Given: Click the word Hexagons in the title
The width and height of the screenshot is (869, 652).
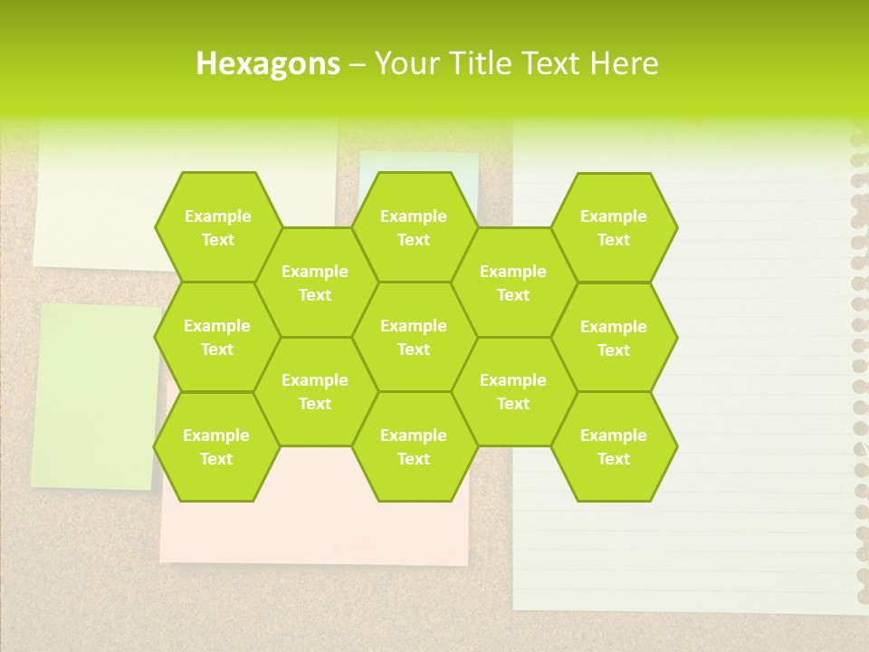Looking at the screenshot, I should [x=268, y=63].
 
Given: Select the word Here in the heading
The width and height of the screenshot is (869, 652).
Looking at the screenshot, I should [x=624, y=63].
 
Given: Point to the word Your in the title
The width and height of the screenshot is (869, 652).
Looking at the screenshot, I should [x=404, y=63].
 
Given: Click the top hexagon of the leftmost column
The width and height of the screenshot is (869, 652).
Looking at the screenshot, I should [x=217, y=227].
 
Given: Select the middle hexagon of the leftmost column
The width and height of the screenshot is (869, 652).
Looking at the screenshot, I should [x=217, y=337].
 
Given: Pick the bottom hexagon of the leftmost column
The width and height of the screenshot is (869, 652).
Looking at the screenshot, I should [x=216, y=446].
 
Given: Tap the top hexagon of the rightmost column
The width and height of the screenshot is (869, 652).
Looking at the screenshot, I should [x=614, y=227].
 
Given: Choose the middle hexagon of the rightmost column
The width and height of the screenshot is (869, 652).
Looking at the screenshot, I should [x=614, y=338].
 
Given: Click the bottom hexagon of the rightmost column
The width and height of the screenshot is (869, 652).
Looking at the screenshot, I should [x=614, y=446].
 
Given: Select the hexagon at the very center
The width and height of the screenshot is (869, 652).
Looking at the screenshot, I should [x=414, y=337].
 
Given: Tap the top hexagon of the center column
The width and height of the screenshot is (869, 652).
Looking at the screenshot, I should [x=414, y=227].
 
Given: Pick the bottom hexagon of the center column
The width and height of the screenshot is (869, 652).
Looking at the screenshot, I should [x=414, y=446].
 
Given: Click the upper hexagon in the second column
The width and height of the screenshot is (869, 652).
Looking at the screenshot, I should [x=315, y=283].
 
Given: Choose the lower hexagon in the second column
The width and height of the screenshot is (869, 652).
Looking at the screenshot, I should [x=315, y=391].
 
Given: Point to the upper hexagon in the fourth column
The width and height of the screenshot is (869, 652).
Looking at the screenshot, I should [x=513, y=283].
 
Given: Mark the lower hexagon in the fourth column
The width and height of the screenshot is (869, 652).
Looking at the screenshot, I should [x=513, y=391].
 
